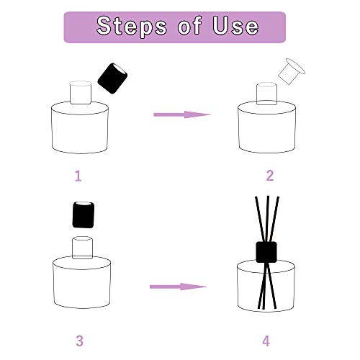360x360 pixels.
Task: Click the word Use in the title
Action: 231,27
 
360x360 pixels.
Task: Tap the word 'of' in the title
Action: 182,27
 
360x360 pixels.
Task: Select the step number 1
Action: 78,175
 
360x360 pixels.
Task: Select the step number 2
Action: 270,175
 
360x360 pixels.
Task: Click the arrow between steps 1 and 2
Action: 181,114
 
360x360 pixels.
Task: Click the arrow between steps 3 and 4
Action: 178,287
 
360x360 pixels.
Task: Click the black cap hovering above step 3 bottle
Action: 84,215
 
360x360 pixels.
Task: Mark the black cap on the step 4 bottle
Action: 267,251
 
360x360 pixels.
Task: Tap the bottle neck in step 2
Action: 267,94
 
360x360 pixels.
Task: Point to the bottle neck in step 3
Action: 83,247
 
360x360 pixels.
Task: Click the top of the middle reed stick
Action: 266,197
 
